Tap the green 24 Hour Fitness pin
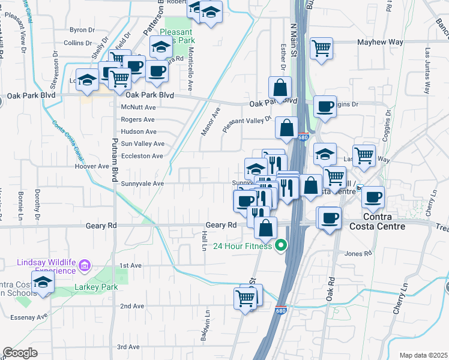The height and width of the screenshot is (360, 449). point(280,245)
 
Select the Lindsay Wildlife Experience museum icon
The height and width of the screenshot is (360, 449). point(84,265)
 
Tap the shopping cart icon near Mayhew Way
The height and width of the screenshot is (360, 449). point(322,47)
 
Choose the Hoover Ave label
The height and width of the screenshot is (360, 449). point(91,166)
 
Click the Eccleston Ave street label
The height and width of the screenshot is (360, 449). point(142,156)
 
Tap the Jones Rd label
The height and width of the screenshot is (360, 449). point(359,254)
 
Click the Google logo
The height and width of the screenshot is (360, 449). point(20,353)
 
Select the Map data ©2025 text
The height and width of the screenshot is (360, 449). point(423,355)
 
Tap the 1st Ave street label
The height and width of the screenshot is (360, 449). point(130,265)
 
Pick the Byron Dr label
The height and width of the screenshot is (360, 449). point(79,29)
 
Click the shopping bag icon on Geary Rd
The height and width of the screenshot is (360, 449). point(265,227)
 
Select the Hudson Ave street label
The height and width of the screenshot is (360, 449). point(138,131)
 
